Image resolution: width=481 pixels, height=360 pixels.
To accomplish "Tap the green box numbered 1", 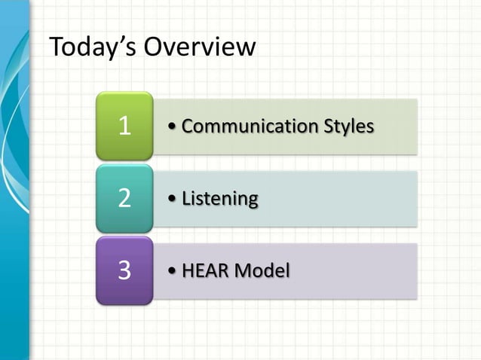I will (x=124, y=126).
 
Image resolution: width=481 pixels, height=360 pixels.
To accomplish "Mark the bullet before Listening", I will (x=174, y=200).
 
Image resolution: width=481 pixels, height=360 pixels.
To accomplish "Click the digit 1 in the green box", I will (x=124, y=126).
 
